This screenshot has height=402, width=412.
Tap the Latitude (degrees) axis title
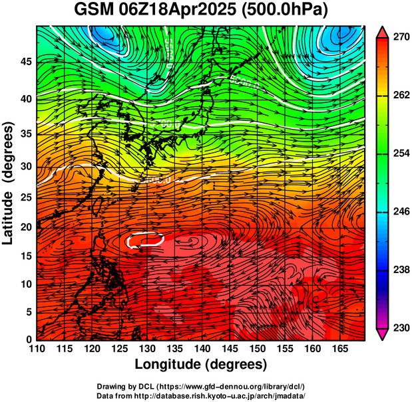(x=9, y=183)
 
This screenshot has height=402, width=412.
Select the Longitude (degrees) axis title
(x=201, y=365)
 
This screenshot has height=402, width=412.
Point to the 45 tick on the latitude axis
(x=26, y=62)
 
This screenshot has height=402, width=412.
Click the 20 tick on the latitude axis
(x=26, y=227)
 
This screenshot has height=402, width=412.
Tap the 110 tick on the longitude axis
(x=37, y=349)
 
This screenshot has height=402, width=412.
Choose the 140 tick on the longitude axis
(x=201, y=349)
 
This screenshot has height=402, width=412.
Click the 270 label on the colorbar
(x=399, y=38)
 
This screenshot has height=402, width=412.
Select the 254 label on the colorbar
(x=399, y=153)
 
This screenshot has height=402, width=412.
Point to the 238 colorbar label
(x=399, y=270)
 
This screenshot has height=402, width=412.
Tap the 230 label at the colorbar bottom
(x=399, y=328)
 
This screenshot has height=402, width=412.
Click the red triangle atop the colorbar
(x=382, y=31)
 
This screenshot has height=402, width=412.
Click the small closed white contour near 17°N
(x=146, y=239)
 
